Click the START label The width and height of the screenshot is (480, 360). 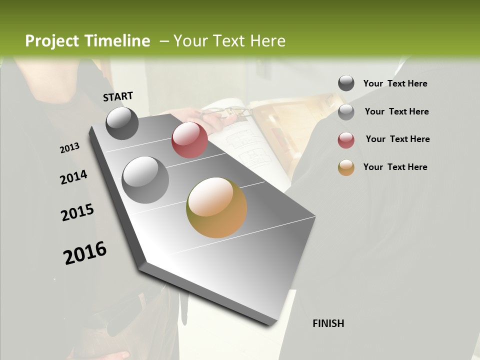pyautogui.click(x=118, y=96)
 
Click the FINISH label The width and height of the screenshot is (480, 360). pyautogui.click(x=328, y=323)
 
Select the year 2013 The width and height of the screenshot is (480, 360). pyautogui.click(x=69, y=148)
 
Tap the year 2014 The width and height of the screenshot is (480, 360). pyautogui.click(x=73, y=177)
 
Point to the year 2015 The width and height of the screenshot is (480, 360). pyautogui.click(x=77, y=212)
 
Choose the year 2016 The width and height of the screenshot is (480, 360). pyautogui.click(x=85, y=253)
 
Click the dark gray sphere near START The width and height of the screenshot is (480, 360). pyautogui.click(x=122, y=123)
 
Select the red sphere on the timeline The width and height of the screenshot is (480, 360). pyautogui.click(x=189, y=140)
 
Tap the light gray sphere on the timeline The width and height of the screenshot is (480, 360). pyautogui.click(x=145, y=180)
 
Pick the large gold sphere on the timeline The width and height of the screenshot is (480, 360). pyautogui.click(x=216, y=207)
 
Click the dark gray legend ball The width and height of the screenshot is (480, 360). pyautogui.click(x=346, y=83)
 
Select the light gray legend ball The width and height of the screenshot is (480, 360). pyautogui.click(x=346, y=112)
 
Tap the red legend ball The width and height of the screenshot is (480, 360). pyautogui.click(x=346, y=140)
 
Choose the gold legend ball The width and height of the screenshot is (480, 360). pyautogui.click(x=346, y=168)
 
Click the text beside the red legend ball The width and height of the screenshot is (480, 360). pyautogui.click(x=397, y=139)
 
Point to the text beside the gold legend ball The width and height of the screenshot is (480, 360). pyautogui.click(x=395, y=167)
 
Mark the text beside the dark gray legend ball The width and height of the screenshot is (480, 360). pyautogui.click(x=395, y=83)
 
